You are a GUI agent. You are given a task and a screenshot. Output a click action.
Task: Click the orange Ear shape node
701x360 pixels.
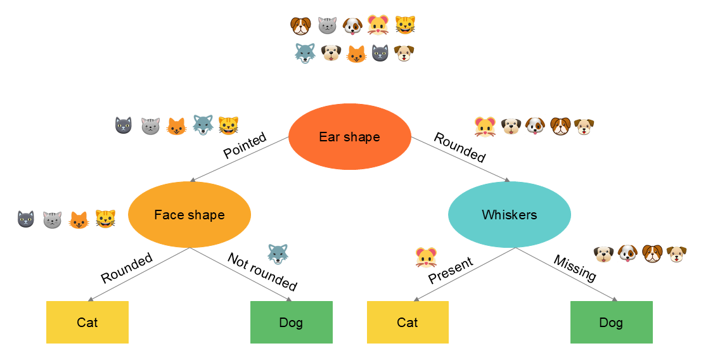[x=349, y=137]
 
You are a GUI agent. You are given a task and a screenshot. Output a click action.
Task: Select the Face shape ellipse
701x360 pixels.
[x=190, y=215]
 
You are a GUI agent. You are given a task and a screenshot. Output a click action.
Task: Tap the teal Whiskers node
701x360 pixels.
[x=509, y=215]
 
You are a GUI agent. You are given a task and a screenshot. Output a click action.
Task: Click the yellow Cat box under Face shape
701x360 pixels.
[x=87, y=323]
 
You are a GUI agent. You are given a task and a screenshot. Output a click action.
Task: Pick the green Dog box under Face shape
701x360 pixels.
[x=291, y=323]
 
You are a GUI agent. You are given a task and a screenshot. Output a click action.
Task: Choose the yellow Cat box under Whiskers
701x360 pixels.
[x=408, y=323]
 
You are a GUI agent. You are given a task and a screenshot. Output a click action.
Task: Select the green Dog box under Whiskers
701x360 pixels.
[x=611, y=323]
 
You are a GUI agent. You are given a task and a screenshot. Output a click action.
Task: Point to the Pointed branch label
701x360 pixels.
[x=245, y=146]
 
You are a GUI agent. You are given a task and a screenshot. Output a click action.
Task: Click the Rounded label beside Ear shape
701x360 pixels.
[x=460, y=147]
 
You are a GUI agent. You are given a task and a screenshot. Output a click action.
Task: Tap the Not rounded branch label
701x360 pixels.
[x=262, y=271]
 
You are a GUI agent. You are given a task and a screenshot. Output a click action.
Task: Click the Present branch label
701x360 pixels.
[x=451, y=271]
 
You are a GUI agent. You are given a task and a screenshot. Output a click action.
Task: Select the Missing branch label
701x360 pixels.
[x=575, y=268]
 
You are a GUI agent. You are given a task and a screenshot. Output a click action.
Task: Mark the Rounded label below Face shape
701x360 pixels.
[x=127, y=268]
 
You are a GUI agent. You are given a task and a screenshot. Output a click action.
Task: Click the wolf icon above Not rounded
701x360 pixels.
[x=278, y=254]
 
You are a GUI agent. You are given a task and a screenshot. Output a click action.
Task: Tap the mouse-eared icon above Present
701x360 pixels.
[x=425, y=257]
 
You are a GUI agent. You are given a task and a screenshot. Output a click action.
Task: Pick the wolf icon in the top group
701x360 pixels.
[x=305, y=53]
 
